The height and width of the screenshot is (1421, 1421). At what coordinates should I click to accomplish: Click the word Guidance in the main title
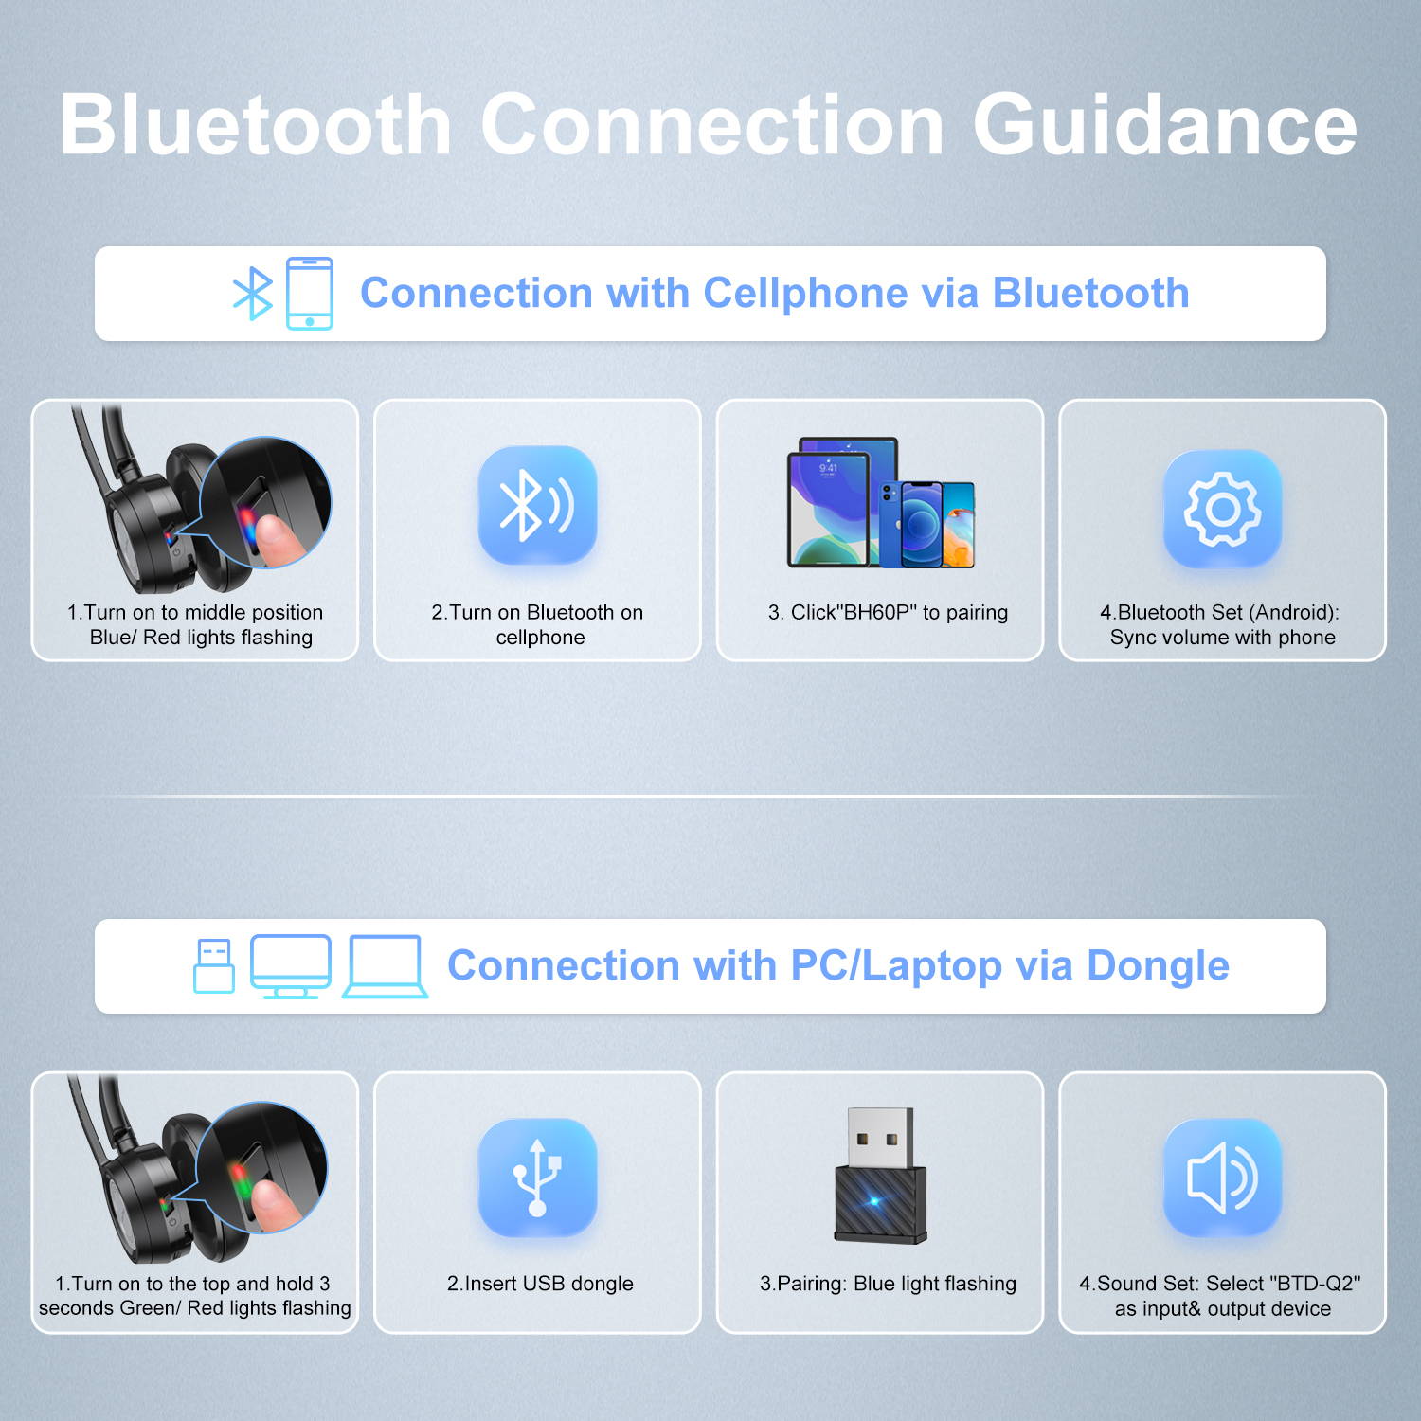click(1165, 125)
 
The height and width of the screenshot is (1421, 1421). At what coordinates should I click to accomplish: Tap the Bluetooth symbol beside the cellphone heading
click(253, 294)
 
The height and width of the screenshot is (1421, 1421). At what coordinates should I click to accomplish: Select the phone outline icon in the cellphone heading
click(310, 294)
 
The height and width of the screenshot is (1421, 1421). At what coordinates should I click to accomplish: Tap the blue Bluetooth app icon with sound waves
click(537, 505)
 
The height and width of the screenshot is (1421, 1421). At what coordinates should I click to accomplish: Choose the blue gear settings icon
click(1222, 509)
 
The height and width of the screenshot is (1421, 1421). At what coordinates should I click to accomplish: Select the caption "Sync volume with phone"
click(1222, 638)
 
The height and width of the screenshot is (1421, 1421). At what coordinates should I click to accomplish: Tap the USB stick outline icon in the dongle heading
click(214, 965)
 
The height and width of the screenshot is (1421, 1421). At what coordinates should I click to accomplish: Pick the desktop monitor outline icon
click(291, 966)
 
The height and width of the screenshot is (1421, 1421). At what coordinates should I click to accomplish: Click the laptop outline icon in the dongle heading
click(385, 966)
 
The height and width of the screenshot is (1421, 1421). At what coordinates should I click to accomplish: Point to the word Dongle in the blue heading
click(1158, 966)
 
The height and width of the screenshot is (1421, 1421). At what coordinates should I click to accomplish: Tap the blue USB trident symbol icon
click(537, 1178)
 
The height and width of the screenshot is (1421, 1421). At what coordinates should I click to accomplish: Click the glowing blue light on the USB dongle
click(873, 1201)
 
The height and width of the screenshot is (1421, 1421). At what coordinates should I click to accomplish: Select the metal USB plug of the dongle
click(880, 1138)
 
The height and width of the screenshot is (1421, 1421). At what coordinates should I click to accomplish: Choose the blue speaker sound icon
click(1222, 1178)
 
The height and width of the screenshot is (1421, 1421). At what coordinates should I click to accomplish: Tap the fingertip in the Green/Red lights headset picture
click(274, 1202)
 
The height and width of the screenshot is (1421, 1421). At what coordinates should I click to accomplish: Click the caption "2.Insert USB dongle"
click(540, 1284)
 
